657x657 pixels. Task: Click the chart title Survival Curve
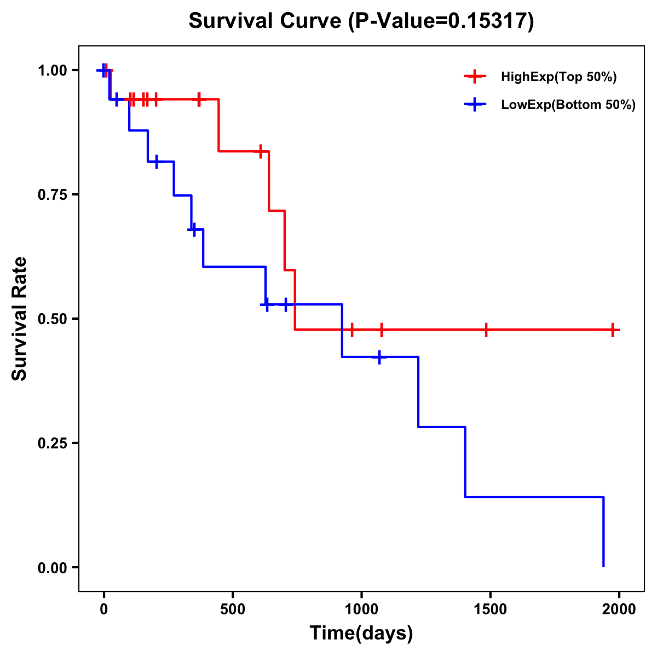[361, 21]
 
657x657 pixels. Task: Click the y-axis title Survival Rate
[20, 319]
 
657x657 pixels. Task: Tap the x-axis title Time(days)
[361, 633]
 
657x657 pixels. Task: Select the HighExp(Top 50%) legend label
[558, 77]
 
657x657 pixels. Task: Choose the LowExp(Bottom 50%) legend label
[568, 105]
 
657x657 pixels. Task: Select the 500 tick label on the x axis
[233, 609]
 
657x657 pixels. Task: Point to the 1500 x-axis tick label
[490, 609]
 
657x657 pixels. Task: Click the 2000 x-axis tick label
[619, 609]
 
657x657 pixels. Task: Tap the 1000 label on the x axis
[361, 609]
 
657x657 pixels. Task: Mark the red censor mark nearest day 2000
[613, 330]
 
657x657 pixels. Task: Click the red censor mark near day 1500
[486, 330]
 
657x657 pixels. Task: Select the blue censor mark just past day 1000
[379, 357]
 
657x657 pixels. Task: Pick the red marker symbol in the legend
[475, 77]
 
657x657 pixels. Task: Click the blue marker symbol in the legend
[475, 105]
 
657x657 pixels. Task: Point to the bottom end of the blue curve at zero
[603, 566]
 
